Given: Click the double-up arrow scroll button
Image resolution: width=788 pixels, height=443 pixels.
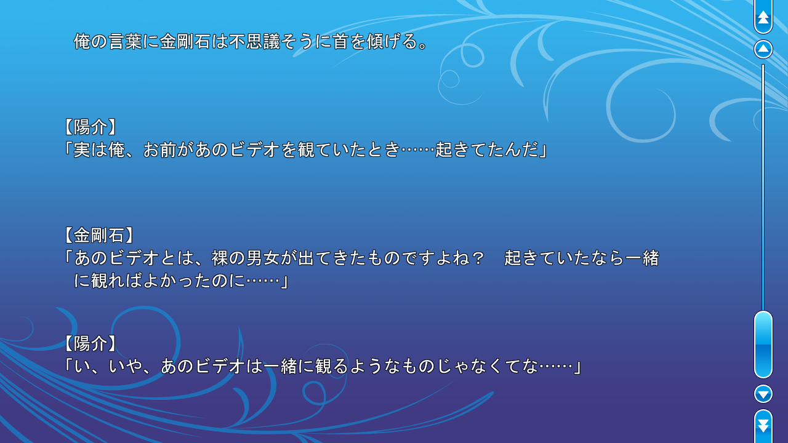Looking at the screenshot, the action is [x=763, y=16].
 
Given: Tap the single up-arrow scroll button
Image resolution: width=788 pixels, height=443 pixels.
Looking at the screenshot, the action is [x=763, y=49].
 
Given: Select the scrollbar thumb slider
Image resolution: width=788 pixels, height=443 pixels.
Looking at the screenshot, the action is [x=763, y=345].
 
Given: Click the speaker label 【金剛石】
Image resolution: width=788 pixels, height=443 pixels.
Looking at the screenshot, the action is [x=99, y=235].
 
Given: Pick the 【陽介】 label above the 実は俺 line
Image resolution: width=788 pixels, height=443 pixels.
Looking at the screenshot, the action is [x=90, y=127].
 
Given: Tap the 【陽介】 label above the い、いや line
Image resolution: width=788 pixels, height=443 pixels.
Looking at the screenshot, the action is [x=90, y=343].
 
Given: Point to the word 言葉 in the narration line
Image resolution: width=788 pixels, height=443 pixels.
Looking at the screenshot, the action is [x=125, y=41].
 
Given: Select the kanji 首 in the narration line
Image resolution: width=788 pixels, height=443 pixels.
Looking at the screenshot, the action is [x=340, y=41].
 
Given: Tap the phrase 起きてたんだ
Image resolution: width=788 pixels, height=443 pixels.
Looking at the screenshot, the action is [x=487, y=150].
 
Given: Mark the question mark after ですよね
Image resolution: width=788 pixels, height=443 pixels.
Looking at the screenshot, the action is [x=478, y=258].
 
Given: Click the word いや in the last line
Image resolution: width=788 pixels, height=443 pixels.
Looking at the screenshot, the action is [x=125, y=366].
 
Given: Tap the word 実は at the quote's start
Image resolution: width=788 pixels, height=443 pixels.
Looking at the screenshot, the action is [x=90, y=150].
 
